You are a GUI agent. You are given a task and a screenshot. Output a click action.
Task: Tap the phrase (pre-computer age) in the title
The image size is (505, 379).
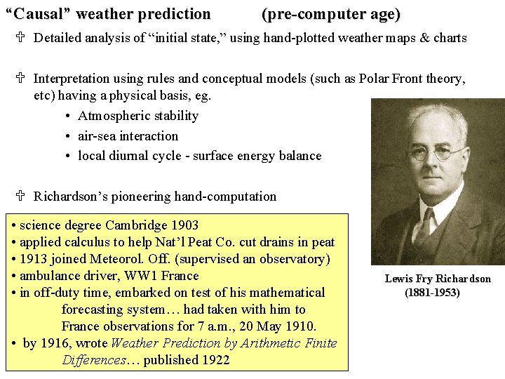(x=330, y=14)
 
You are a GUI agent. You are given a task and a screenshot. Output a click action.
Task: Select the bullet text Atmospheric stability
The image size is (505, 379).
(x=138, y=116)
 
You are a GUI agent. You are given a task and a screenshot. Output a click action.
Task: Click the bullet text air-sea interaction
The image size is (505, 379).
(x=128, y=136)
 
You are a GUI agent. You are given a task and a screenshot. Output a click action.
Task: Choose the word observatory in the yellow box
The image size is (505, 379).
(x=292, y=259)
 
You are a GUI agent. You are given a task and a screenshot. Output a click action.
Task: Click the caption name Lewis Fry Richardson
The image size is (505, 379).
(x=438, y=279)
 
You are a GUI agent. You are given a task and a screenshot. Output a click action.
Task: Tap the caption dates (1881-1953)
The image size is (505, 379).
(x=432, y=292)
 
